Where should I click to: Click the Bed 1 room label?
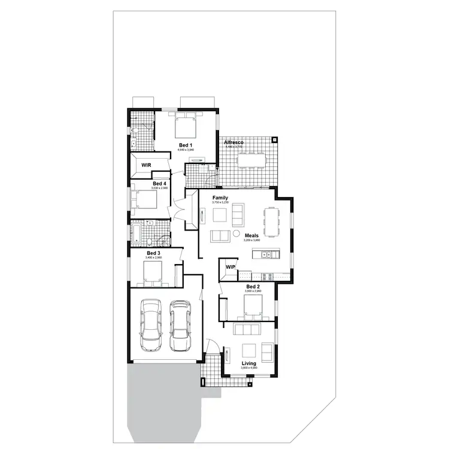click(186, 145)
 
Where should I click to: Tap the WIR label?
click(146, 165)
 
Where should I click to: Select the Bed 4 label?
click(159, 183)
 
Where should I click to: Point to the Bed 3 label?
click(154, 253)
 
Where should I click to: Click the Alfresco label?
click(233, 142)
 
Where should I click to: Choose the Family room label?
click(220, 198)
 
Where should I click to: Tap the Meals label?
click(252, 236)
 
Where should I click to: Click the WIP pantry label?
click(230, 266)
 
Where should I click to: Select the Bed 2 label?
click(253, 287)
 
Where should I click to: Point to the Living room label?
click(249, 363)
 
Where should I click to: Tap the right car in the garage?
click(179, 326)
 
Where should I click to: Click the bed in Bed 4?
click(144, 199)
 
